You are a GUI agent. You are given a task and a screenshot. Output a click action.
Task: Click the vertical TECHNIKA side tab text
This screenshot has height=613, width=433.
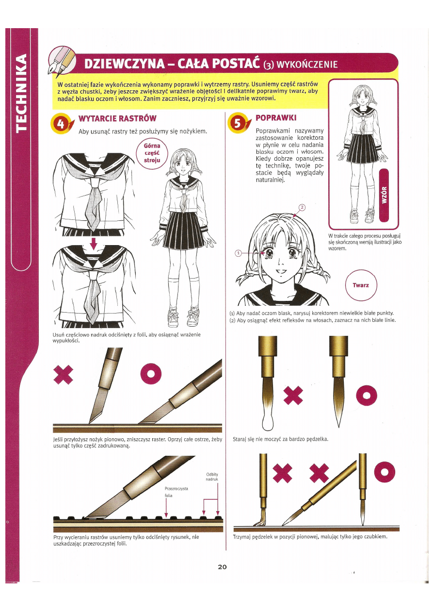[22, 93]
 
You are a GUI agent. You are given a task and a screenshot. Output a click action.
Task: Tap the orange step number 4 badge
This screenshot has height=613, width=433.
[61, 124]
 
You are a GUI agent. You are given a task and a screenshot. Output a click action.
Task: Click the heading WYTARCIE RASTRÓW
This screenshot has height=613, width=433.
[117, 118]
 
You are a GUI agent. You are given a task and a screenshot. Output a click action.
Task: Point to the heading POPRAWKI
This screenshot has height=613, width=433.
[275, 118]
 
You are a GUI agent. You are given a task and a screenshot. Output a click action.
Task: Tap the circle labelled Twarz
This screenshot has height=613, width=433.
[361, 285]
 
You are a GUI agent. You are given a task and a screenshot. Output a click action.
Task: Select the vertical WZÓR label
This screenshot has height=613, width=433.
[384, 195]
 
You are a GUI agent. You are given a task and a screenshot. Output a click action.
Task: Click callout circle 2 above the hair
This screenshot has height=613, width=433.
[302, 207]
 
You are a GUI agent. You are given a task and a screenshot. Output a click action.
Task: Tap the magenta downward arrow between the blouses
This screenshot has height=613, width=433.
[94, 244]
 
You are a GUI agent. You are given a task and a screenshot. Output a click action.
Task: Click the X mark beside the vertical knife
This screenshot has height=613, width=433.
[63, 375]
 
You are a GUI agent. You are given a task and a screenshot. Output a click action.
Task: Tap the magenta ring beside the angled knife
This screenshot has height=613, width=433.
[151, 374]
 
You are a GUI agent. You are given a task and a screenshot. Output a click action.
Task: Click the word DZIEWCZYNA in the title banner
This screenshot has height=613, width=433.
[125, 64]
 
